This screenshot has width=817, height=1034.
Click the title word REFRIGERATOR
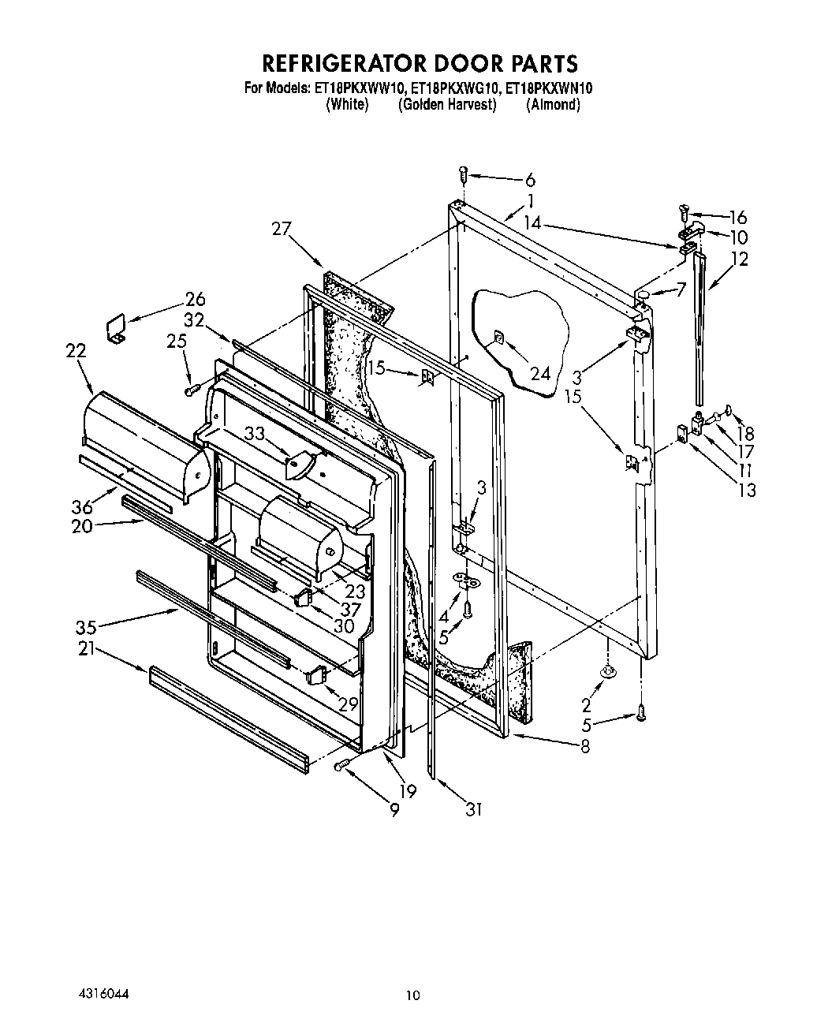337,63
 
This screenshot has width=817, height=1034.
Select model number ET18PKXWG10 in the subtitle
447,89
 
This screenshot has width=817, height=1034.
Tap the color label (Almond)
553,105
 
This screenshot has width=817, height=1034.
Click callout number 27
282,229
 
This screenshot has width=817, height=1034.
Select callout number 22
76,353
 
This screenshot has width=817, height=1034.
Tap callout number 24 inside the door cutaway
540,373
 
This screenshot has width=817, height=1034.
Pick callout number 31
472,808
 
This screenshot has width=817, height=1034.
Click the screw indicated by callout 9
341,764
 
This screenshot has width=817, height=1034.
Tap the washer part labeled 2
607,670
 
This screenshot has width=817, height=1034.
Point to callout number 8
584,745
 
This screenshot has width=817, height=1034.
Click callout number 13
746,490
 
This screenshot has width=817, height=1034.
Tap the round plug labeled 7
644,295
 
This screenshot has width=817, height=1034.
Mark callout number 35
86,627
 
